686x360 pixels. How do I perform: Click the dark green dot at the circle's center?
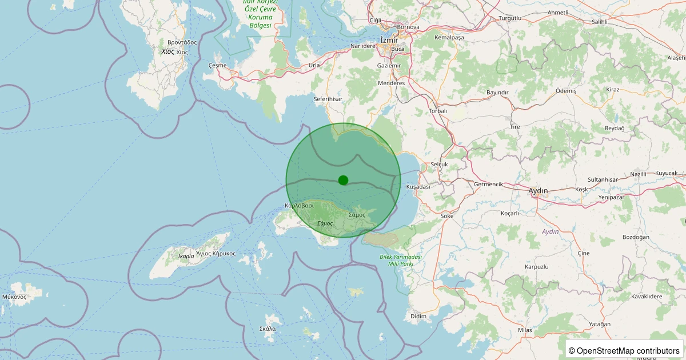coord(343,180)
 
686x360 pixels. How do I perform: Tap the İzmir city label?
coord(389,39)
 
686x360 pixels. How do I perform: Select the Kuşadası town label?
coord(417,187)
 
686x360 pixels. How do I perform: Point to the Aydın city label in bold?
coord(538,190)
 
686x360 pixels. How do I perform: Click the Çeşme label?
coord(217,66)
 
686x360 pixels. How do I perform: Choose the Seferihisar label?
coord(328,99)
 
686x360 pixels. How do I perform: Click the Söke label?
coord(446,216)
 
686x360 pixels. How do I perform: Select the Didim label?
coord(418,316)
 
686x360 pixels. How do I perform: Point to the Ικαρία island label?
coord(186,256)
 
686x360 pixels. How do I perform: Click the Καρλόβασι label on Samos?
coord(299,205)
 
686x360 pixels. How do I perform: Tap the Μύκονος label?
coord(14,297)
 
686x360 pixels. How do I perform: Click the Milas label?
coord(525,330)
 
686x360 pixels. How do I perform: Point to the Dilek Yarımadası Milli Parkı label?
coord(401,260)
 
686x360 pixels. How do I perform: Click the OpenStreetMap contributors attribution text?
coord(624,350)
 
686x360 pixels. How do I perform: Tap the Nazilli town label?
coord(638,174)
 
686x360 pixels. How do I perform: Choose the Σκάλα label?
coord(268,329)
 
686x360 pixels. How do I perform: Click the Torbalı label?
coord(438,111)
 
